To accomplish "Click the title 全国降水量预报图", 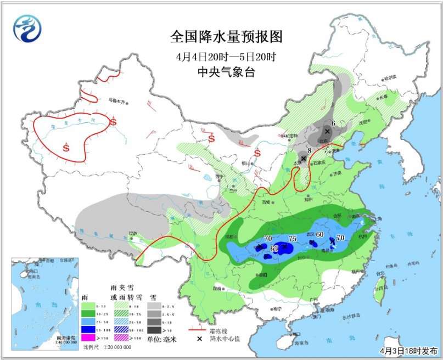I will pyautogui.click(x=226, y=37).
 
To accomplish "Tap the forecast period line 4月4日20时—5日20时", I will pyautogui.click(x=226, y=56).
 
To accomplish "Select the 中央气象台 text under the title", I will pyautogui.click(x=226, y=71).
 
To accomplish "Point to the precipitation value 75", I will pyautogui.click(x=292, y=239).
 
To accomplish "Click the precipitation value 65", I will pyautogui.click(x=274, y=249).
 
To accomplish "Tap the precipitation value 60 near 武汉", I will pyautogui.click(x=320, y=237).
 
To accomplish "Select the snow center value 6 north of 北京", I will pyautogui.click(x=333, y=124).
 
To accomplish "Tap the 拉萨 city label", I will pyautogui.click(x=133, y=234).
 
